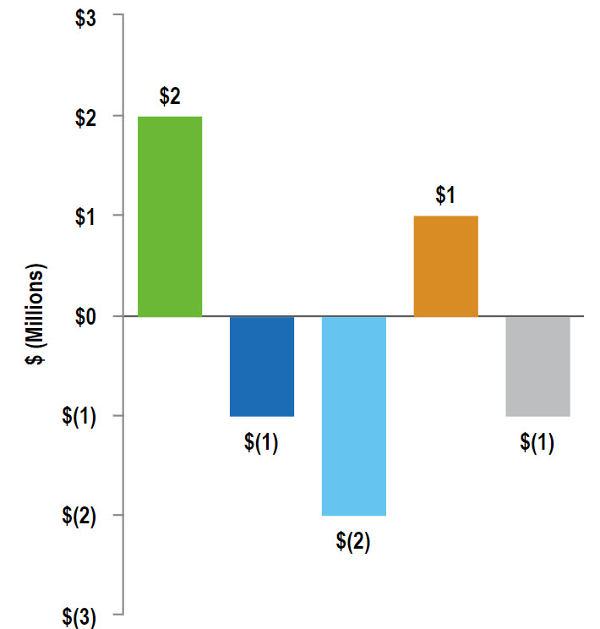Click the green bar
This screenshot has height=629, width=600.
(170, 216)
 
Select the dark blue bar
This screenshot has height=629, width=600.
(262, 366)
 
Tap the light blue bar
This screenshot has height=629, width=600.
(354, 416)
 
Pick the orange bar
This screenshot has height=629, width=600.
(446, 266)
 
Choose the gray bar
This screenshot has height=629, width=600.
(538, 366)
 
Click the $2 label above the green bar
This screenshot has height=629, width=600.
(170, 96)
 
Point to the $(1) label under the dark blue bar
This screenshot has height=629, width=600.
(262, 443)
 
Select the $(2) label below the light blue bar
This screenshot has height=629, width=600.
(354, 542)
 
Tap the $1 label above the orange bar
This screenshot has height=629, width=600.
(446, 195)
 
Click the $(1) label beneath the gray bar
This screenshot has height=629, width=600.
(538, 443)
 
